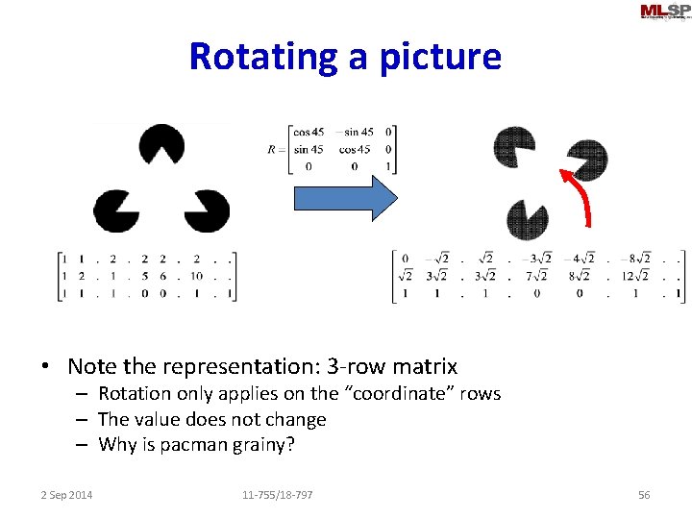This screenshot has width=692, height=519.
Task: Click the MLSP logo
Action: tap(664, 12)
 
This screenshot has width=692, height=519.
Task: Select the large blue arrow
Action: tap(344, 199)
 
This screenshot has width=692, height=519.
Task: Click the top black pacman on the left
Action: tap(161, 145)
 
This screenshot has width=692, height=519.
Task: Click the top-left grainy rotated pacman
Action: tap(513, 146)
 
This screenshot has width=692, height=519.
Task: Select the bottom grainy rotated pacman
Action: tap(527, 220)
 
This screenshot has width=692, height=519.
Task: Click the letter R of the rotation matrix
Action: tap(273, 149)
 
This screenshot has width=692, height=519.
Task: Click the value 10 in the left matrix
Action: tap(196, 276)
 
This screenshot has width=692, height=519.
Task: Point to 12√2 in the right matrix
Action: tap(635, 276)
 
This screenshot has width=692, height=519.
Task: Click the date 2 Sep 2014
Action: tap(67, 495)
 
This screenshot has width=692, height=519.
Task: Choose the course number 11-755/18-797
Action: tap(278, 495)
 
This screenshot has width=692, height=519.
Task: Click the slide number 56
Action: tap(644, 495)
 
